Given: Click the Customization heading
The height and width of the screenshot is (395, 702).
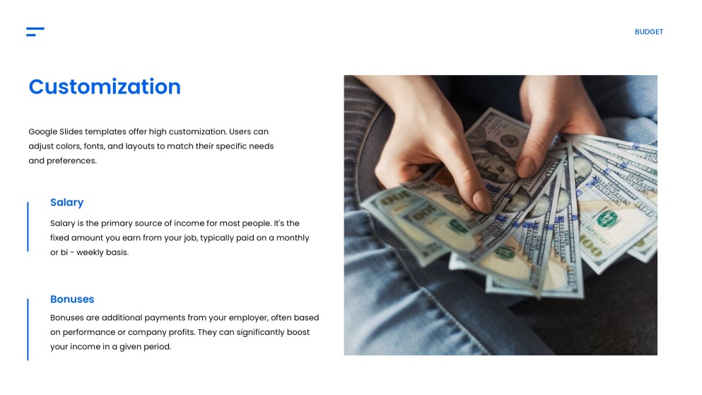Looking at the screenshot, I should [105, 86].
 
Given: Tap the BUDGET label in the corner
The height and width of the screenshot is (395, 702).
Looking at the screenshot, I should [648, 32].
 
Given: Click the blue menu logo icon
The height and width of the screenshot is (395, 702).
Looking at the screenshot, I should [35, 31].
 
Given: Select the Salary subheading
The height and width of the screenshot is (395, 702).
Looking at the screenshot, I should [66, 202].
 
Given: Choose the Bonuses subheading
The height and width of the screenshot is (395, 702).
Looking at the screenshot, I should [71, 299].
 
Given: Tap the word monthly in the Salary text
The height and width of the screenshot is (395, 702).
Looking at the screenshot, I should [292, 238].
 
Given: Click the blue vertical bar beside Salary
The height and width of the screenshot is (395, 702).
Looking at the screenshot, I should [28, 227].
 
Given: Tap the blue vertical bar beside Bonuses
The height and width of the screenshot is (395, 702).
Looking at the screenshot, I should [28, 329].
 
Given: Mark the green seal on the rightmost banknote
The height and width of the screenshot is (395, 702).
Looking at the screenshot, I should [607, 219].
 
